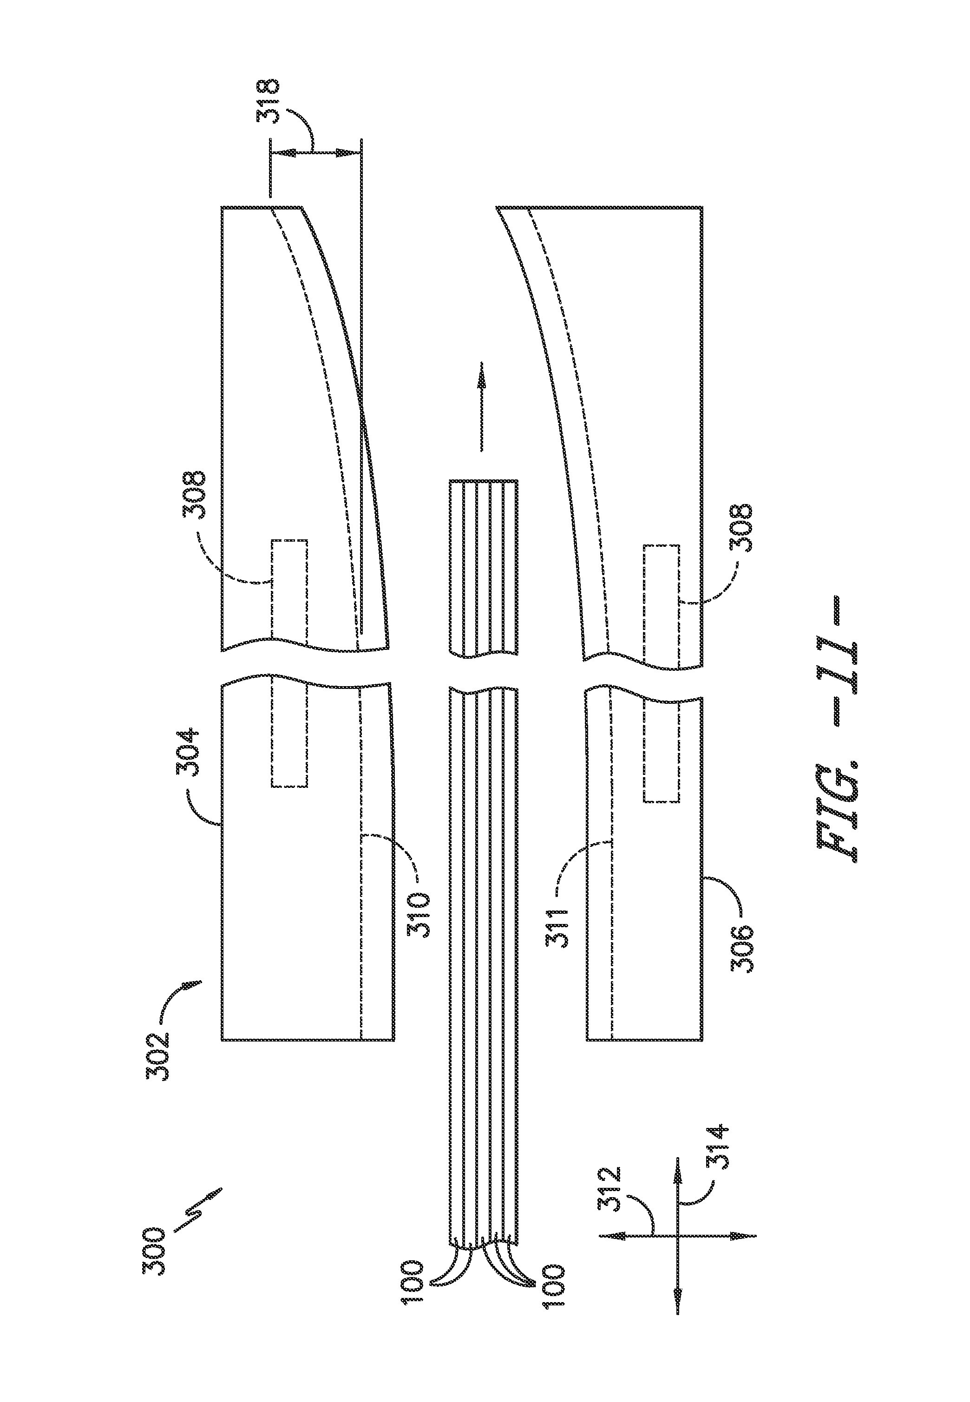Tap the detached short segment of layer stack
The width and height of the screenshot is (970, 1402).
coord(483,568)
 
